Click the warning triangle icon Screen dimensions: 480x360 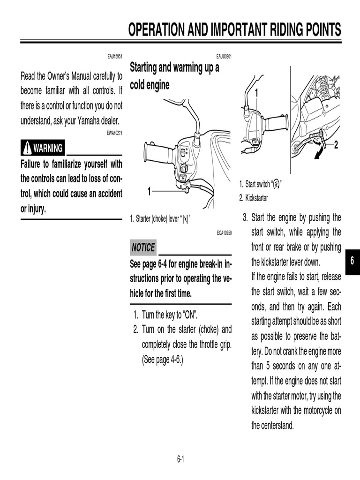pos(27,149)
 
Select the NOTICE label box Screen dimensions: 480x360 pos(143,247)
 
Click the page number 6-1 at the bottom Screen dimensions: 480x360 pos(180,459)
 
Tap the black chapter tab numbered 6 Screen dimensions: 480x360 pos(352,262)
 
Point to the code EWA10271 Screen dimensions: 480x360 pos(114,133)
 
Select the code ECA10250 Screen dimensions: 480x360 pos(224,232)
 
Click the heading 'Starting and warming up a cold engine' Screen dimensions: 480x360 pos(174,76)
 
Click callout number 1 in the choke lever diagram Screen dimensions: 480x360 pos(149,191)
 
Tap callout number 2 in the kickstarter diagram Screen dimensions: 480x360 pos(336,145)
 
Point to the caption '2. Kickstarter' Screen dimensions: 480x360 pos(254,198)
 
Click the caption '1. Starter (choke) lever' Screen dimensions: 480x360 pos(160,219)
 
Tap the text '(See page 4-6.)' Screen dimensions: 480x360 pos(162,360)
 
